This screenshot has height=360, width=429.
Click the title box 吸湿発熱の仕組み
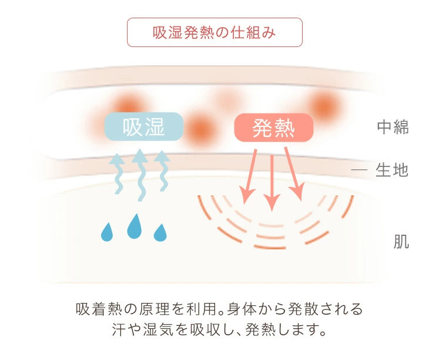pos(214,32)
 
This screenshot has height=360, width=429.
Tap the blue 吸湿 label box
pos(144,126)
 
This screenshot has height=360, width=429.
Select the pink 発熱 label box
pos(274,128)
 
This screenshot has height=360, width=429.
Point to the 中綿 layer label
pos(393,126)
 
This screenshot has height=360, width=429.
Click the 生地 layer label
pos(392,170)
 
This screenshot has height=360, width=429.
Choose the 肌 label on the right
pos(401,242)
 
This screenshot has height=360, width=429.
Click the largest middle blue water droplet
pos(135,226)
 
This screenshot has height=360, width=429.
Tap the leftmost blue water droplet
pos(107,232)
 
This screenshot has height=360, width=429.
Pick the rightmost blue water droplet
pos(160,233)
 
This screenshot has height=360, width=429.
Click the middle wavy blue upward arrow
pos(140,175)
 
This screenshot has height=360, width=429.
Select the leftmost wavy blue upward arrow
pos(117,174)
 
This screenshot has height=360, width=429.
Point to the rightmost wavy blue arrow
pos(162,171)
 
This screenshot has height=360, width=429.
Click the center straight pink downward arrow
pos(272,183)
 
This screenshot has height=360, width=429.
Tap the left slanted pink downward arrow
pos(249,176)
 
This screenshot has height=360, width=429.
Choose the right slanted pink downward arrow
pos(294,174)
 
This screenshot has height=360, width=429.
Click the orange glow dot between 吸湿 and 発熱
pos(200,129)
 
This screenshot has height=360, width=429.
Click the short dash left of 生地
pos(359,170)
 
